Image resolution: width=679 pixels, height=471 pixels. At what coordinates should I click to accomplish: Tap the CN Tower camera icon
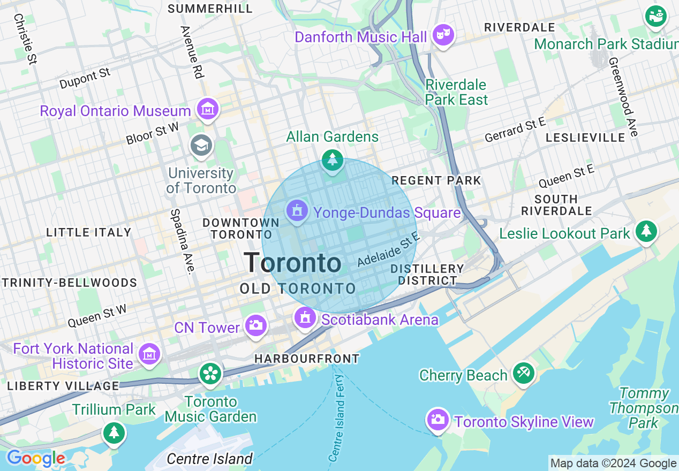tap(255, 325)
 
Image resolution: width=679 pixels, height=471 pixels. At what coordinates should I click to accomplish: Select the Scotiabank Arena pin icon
tap(305, 318)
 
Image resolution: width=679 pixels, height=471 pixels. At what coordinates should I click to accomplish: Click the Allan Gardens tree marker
tap(333, 159)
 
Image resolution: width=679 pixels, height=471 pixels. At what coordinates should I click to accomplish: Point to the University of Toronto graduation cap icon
tap(202, 145)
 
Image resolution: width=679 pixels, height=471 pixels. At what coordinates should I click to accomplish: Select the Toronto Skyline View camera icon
tap(437, 419)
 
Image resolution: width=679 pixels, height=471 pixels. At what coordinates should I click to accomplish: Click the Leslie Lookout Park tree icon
tap(646, 231)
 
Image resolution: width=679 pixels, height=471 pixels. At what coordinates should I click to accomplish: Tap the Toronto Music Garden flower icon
tap(210, 373)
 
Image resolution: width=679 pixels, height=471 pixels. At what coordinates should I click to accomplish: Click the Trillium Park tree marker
tap(114, 432)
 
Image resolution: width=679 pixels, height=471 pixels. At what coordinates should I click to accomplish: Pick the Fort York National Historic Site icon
tap(149, 354)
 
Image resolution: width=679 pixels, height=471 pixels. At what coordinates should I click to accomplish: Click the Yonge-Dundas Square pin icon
tap(297, 211)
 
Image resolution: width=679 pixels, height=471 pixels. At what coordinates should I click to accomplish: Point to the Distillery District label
tap(427, 274)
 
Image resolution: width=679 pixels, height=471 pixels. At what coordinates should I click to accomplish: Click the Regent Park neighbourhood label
tap(436, 180)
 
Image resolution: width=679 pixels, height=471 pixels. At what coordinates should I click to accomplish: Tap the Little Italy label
tap(89, 232)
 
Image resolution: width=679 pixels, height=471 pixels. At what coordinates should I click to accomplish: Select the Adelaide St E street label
tap(388, 249)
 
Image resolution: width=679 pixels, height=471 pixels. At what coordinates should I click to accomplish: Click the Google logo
tap(36, 459)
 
